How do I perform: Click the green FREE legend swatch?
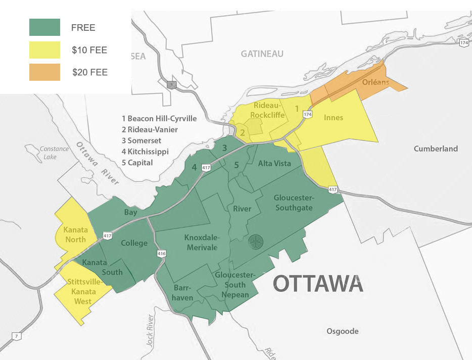44,27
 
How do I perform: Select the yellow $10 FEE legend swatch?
44,50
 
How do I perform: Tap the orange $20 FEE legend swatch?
44,72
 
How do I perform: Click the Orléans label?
376,82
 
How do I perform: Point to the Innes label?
333,118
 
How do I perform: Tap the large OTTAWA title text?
318,284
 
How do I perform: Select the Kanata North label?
75,235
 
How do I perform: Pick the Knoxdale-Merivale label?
201,242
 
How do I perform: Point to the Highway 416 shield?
162,253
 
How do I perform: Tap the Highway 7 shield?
17,336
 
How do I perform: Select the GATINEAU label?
262,54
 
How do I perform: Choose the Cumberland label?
436,148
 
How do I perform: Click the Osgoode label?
342,331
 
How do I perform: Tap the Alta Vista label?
274,164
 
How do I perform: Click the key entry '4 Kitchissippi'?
145,151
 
